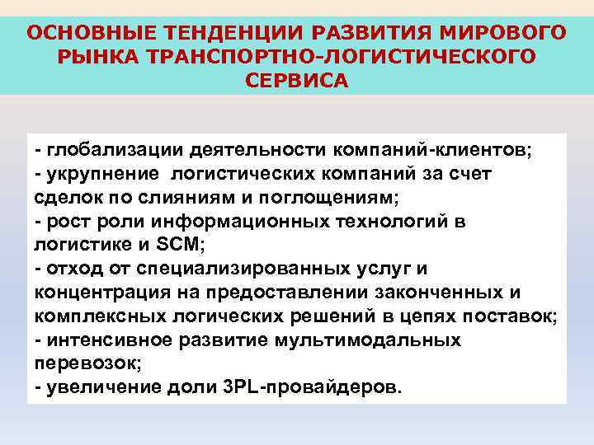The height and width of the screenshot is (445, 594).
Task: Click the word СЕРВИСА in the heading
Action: (297, 81)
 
